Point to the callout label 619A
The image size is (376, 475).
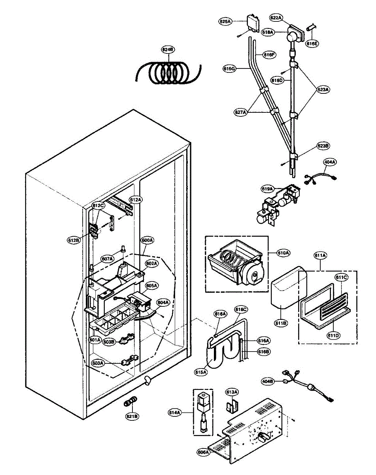267,189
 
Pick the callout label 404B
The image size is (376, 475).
268,381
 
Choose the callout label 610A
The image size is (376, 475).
283,253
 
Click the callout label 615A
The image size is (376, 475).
201,372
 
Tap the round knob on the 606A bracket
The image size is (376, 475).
261,438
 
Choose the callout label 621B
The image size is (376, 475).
132,416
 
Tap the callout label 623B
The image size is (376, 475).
322,146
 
